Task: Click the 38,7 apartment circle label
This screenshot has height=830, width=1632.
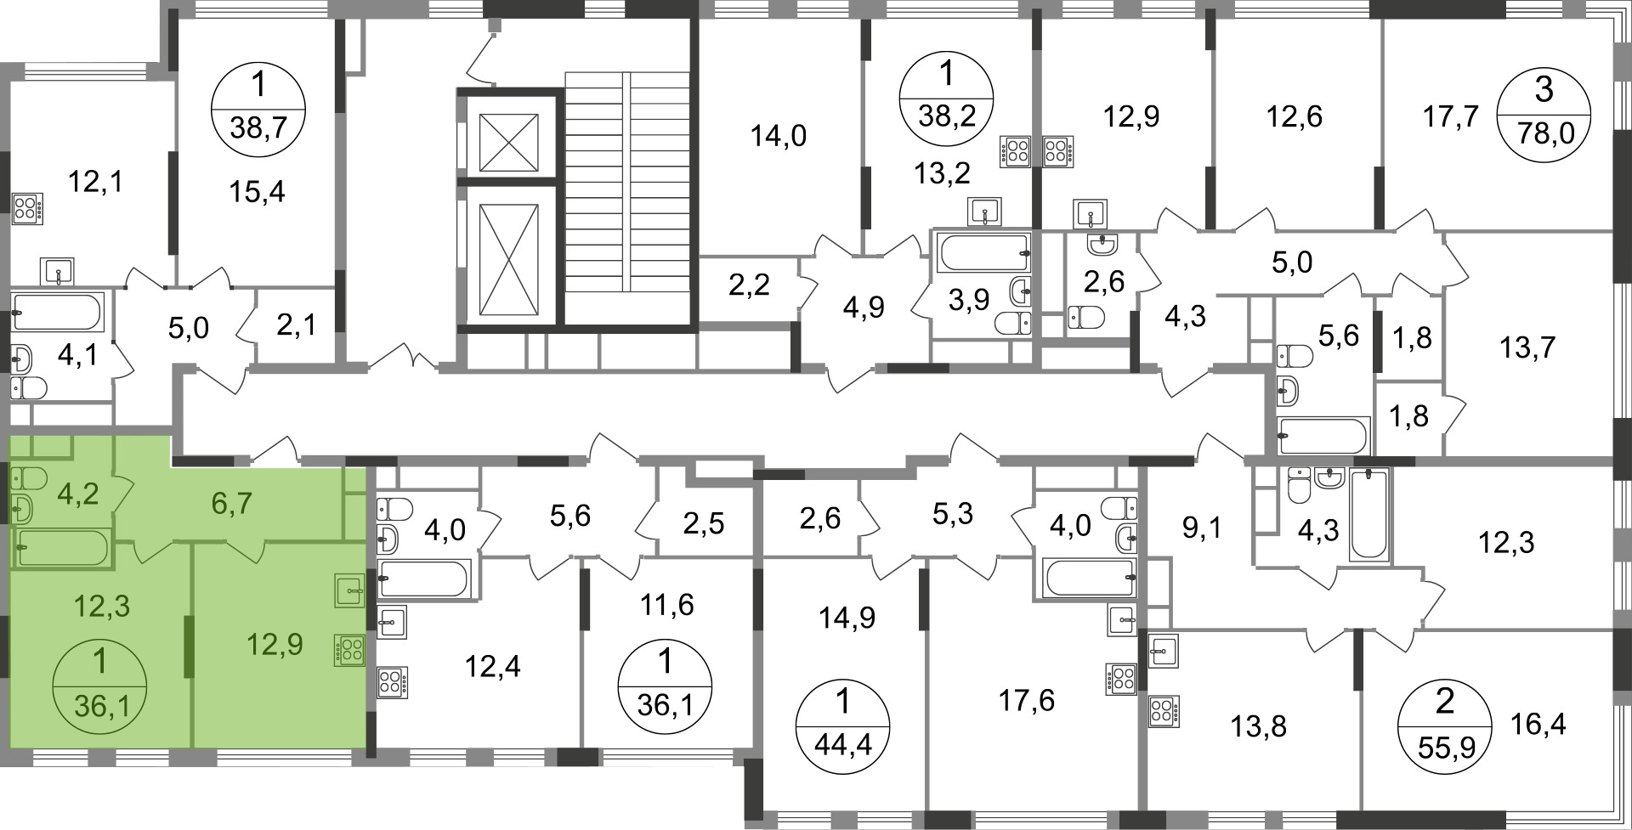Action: click(258, 110)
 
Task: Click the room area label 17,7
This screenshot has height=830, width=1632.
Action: click(1451, 116)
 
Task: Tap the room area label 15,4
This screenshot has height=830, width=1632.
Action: click(257, 192)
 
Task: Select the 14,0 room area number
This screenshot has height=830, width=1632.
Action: click(779, 135)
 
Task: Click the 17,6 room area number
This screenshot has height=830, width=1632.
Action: click(1027, 701)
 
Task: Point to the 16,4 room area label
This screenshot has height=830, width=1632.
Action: click(1538, 725)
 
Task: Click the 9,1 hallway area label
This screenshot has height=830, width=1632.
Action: click(1202, 528)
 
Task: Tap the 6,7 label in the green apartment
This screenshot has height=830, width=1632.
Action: click(231, 503)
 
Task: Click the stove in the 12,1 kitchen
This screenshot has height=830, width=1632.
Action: click(27, 209)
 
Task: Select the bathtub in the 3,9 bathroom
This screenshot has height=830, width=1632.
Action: click(983, 252)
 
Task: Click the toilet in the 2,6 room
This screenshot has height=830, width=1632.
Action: click(1085, 318)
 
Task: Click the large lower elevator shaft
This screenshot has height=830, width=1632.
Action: click(508, 259)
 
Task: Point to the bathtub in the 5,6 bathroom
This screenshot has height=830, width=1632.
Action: click(1323, 436)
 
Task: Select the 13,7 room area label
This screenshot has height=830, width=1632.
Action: click(1527, 347)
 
